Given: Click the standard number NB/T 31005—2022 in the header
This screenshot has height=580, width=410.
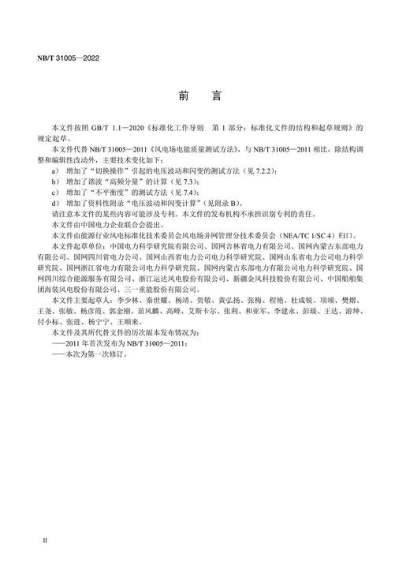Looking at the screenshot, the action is pyautogui.click(x=67, y=58).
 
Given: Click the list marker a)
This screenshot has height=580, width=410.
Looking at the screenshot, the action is pyautogui.click(x=53, y=170).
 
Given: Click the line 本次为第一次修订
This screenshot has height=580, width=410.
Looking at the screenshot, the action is pyautogui.click(x=94, y=355).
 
